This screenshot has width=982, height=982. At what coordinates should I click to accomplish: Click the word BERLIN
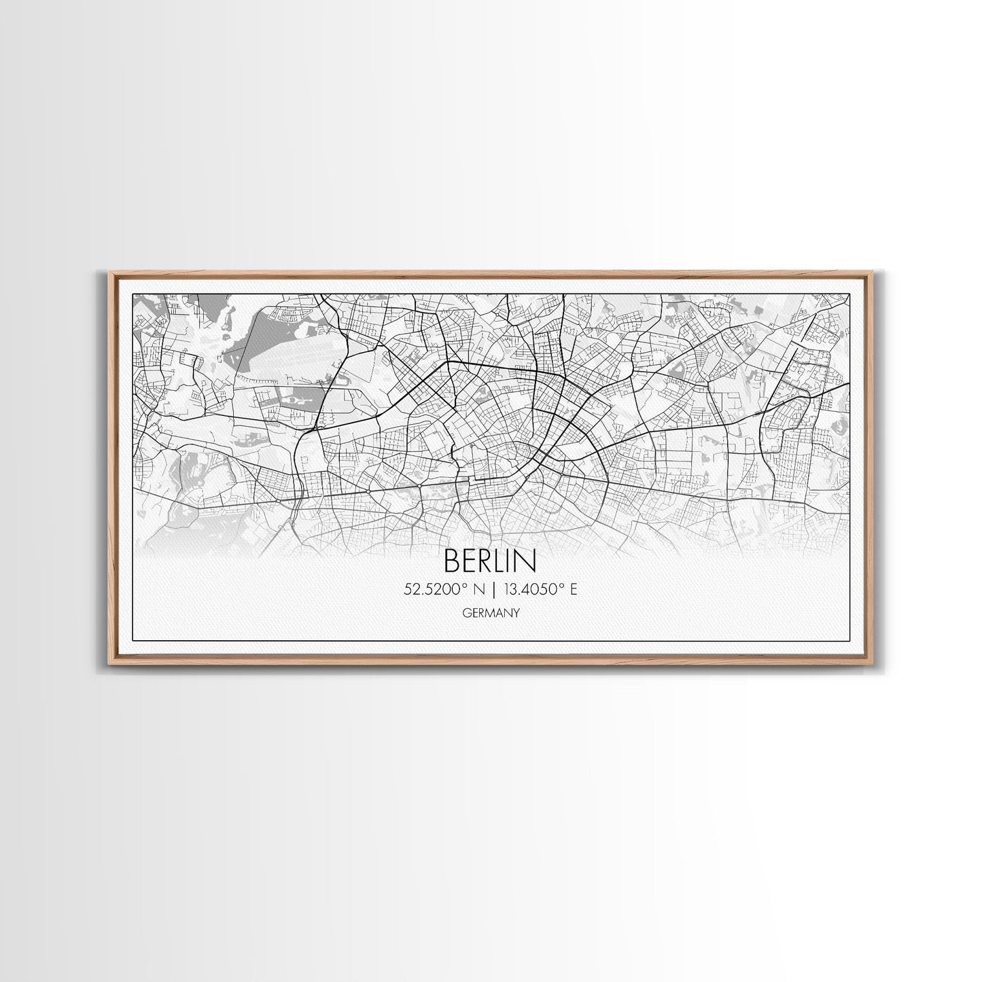[490, 561]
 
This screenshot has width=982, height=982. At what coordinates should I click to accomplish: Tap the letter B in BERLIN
[451, 561]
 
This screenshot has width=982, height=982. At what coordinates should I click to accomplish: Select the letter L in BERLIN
[502, 561]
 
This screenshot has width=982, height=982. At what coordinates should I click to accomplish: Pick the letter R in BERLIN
[487, 561]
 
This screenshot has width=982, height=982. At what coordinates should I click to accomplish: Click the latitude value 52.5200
[429, 590]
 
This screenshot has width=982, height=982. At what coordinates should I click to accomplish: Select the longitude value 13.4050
[534, 590]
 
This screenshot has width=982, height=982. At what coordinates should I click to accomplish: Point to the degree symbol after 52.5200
[457, 586]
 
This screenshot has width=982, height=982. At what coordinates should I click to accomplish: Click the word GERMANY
[490, 612]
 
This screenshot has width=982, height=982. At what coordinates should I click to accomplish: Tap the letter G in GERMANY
[465, 612]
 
